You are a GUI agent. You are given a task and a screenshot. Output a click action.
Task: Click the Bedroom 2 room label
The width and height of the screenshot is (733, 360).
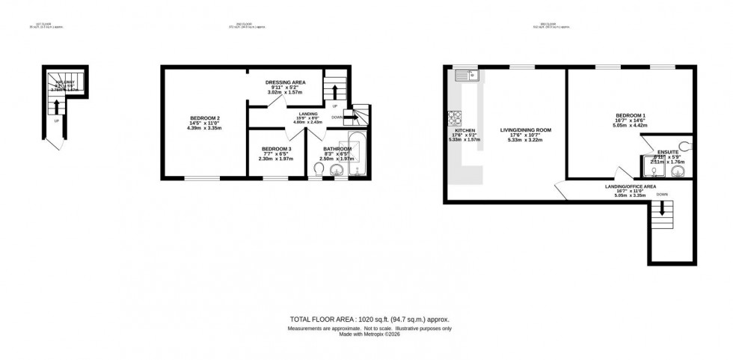[x=204, y=123]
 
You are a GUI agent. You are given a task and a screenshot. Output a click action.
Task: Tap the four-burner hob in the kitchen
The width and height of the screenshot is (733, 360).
[x=455, y=118]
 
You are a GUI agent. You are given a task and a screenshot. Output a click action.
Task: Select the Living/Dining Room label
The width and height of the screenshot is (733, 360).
[x=525, y=135]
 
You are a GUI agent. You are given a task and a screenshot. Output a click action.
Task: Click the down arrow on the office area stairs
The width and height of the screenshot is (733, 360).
[x=661, y=213]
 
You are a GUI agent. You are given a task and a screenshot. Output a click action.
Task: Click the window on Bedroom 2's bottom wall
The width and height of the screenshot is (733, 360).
[x=202, y=178]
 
